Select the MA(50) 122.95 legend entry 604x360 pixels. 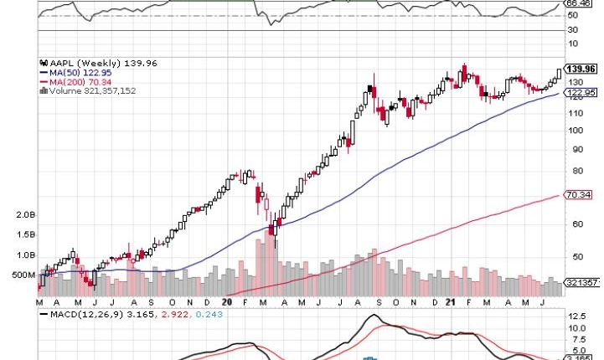point(73,72)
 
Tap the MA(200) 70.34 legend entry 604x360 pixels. point(74,81)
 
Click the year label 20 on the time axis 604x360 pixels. point(227,301)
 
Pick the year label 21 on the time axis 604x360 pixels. point(450,301)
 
